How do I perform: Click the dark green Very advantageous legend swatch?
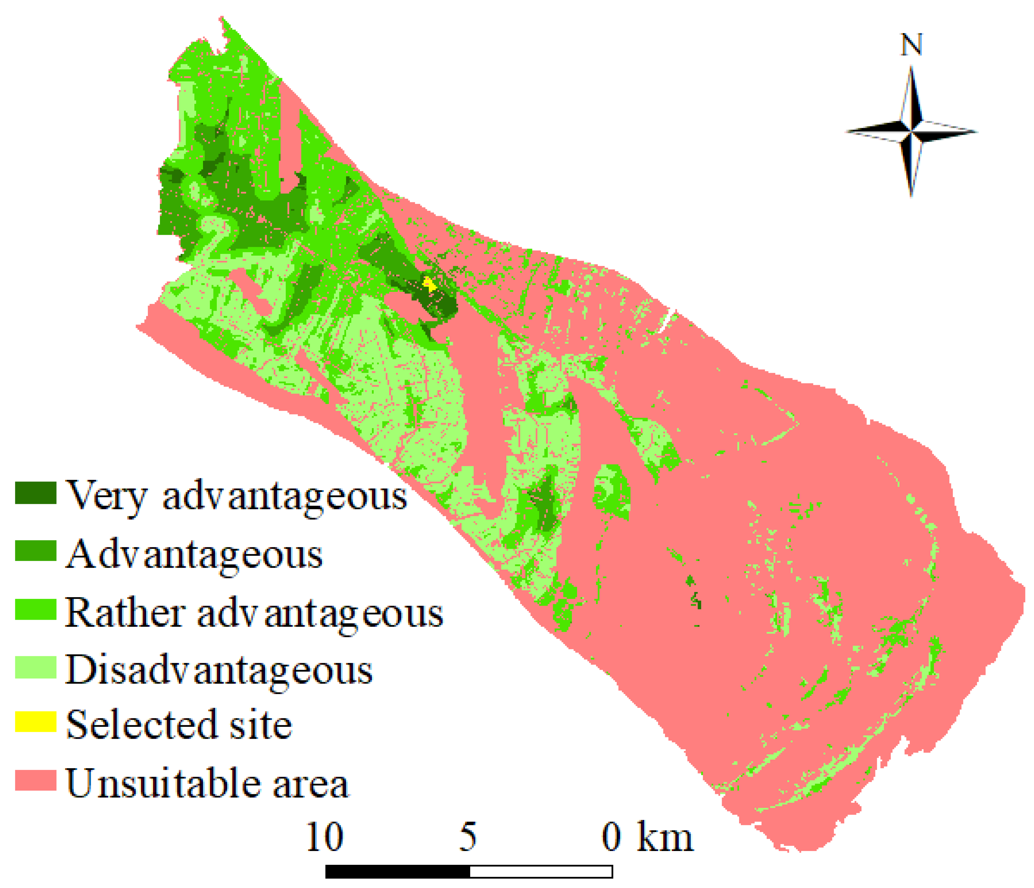[x=35, y=493]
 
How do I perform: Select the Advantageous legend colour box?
[x=35, y=551]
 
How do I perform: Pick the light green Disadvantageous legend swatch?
[x=35, y=667]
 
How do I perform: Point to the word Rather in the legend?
[x=125, y=613]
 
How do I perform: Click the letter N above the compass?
[x=911, y=45]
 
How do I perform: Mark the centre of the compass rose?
[x=911, y=132]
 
